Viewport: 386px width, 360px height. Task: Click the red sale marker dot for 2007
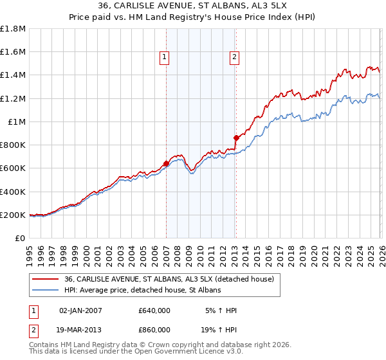coord(166,163)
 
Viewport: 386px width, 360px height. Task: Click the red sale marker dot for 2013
coord(236,138)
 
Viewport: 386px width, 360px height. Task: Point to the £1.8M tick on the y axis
coord(13,28)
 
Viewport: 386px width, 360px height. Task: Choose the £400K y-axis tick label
coord(13,192)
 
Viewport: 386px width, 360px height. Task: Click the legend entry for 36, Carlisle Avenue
coord(169,279)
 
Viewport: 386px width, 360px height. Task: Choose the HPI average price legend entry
coord(143,291)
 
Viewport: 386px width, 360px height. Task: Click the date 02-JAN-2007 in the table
coord(80,310)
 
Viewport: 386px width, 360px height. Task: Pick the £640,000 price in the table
coord(154,310)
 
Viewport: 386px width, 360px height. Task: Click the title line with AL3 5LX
coord(193,6)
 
